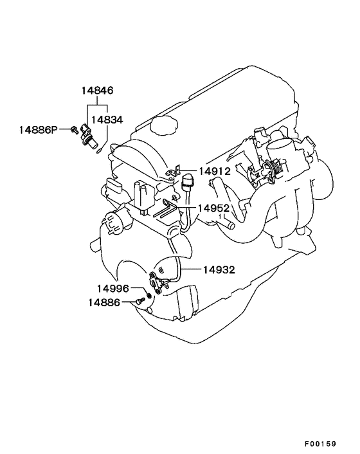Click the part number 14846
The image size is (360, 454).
[97, 91]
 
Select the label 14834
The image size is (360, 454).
[107, 120]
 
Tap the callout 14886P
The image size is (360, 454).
[39, 130]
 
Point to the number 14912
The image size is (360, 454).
[215, 171]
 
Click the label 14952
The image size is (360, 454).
[213, 208]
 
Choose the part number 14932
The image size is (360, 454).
[219, 270]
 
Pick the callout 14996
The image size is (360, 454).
[113, 288]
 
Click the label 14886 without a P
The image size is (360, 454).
[104, 303]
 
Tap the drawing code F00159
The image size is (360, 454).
[320, 444]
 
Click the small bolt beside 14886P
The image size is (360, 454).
[75, 130]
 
